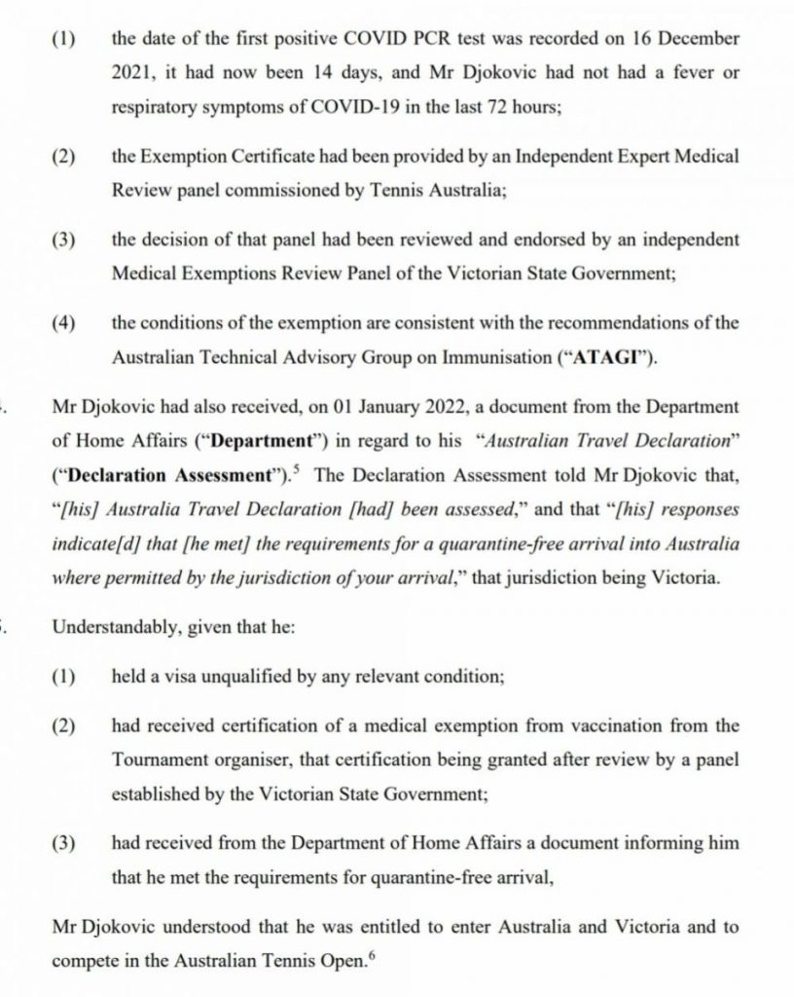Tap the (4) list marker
click(65, 323)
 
